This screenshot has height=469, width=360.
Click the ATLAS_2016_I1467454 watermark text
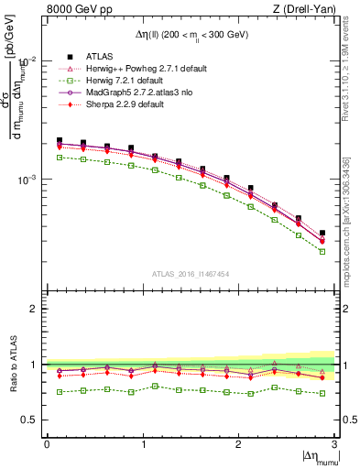coord(190,273)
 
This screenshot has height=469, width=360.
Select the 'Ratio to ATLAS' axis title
coord(12,364)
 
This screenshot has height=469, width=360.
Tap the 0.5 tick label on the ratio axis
coord(32,420)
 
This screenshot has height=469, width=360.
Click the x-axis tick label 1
coord(142,443)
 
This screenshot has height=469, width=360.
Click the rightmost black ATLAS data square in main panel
coord(322,234)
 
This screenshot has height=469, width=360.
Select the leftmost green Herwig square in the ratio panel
coord(60,392)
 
